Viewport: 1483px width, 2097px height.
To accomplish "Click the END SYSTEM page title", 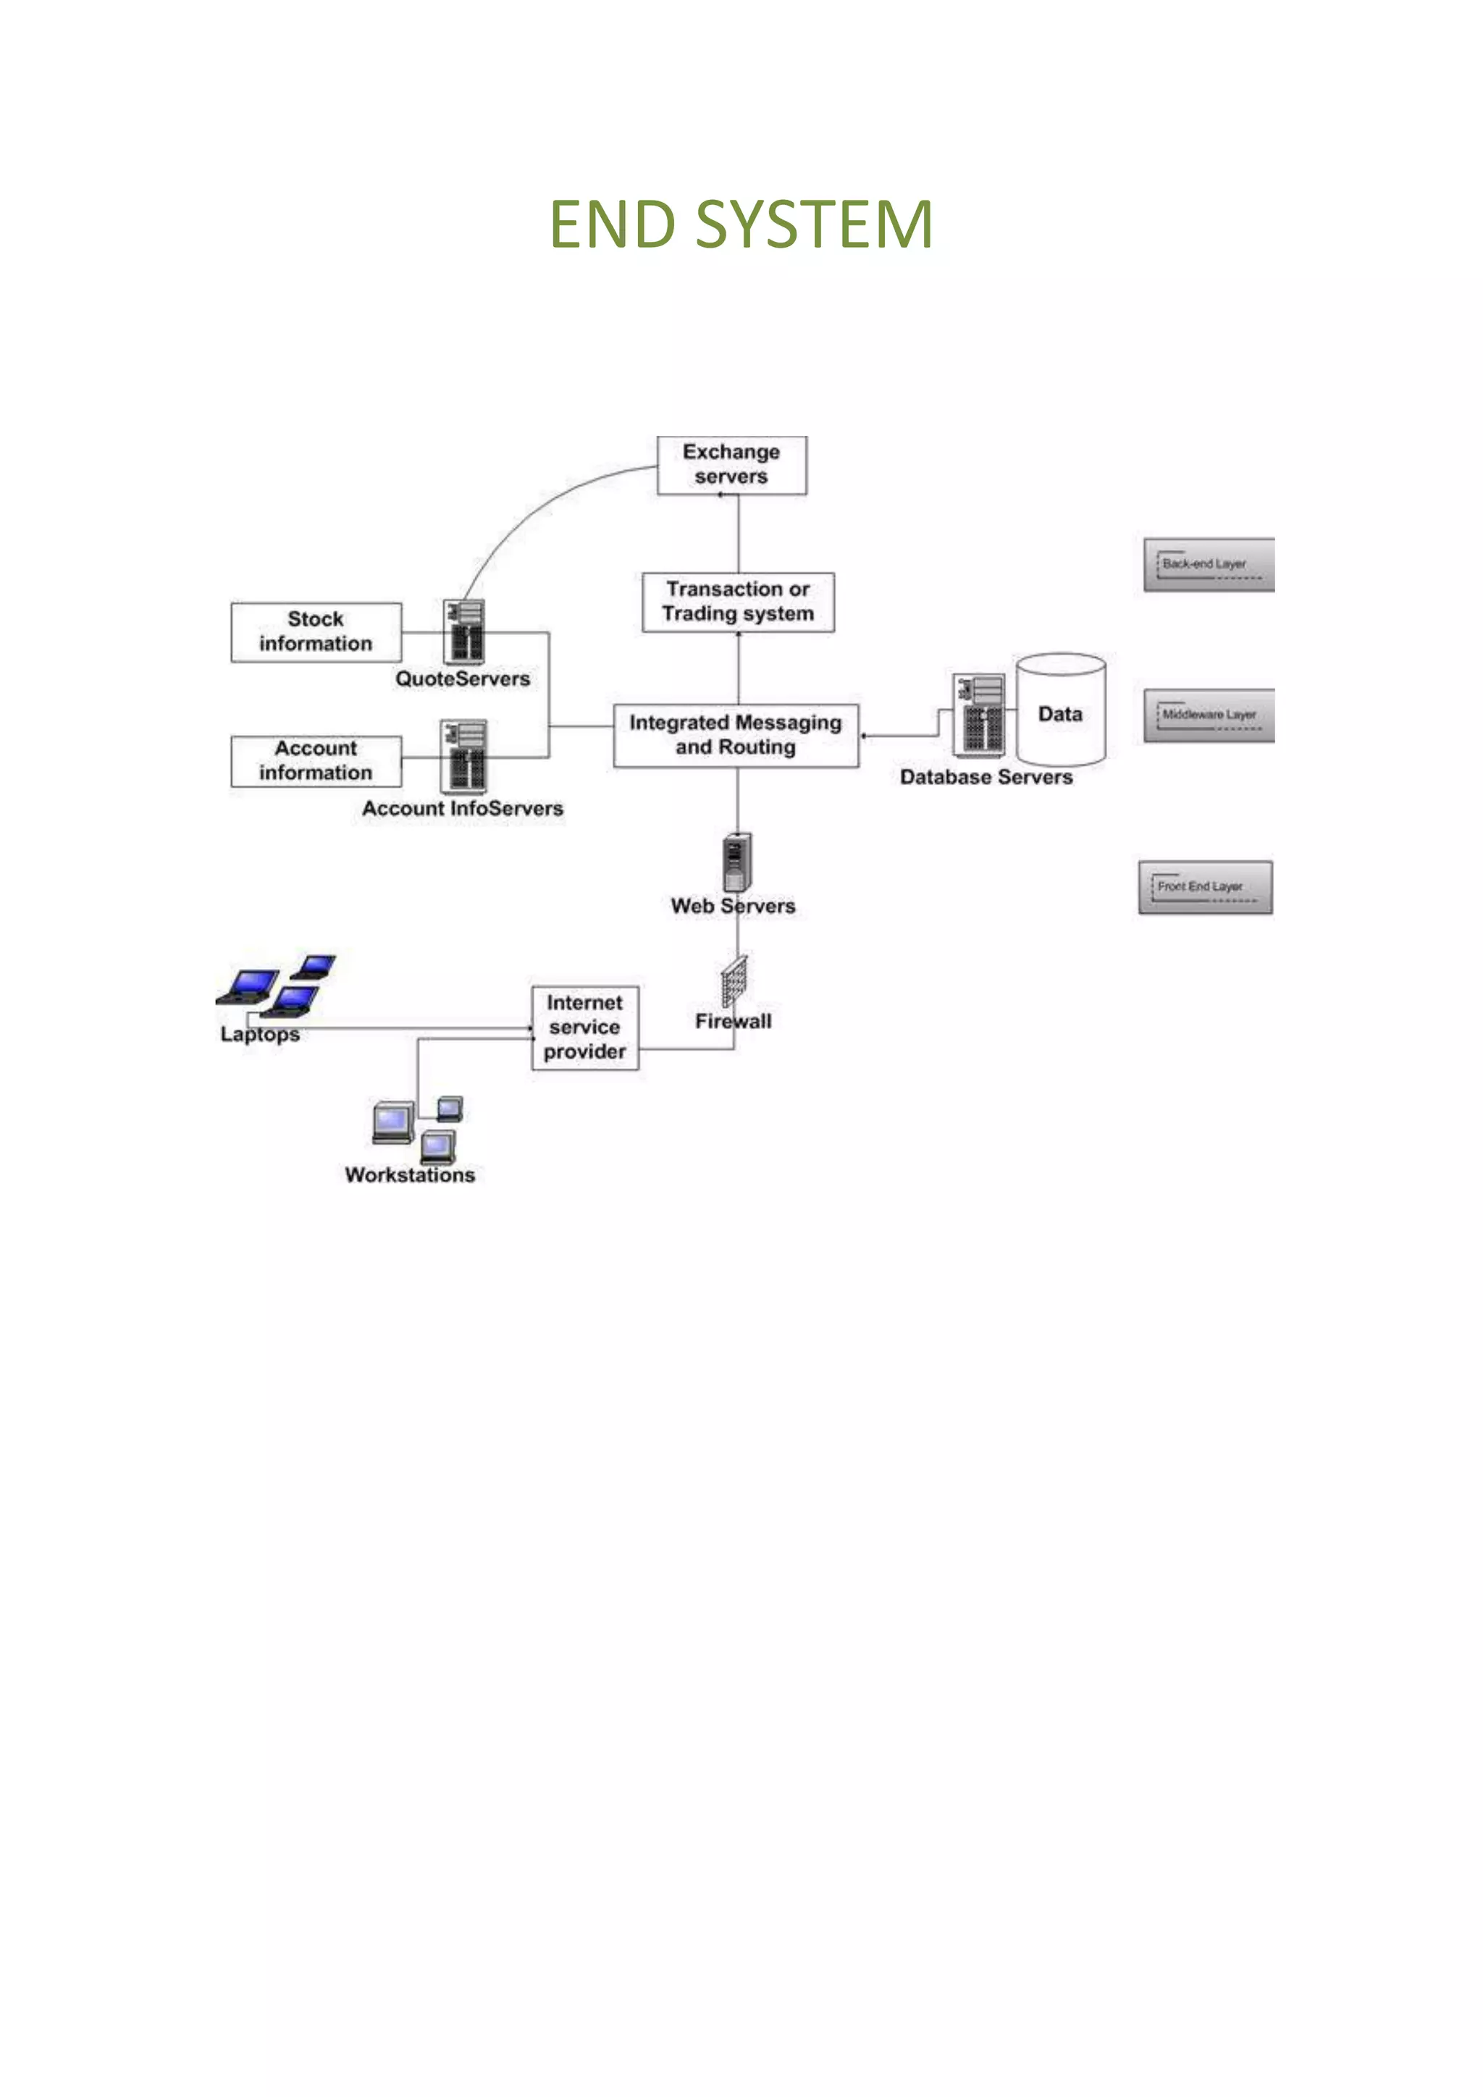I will click(x=741, y=224).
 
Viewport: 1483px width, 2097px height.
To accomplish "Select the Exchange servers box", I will click(x=731, y=466).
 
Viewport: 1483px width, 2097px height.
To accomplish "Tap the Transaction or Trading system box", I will click(x=738, y=602).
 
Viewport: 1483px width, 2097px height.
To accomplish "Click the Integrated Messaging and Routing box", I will click(x=736, y=735).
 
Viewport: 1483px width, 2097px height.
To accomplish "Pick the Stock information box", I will click(x=316, y=632).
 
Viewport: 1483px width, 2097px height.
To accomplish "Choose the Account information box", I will click(x=316, y=761).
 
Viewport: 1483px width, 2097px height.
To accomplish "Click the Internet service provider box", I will click(x=584, y=1028).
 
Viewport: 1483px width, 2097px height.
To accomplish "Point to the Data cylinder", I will click(x=1060, y=710).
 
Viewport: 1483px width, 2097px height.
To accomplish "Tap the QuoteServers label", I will click(x=462, y=679).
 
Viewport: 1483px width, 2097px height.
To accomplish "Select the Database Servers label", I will click(x=986, y=777).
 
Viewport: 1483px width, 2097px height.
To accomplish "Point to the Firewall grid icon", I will click(x=734, y=982).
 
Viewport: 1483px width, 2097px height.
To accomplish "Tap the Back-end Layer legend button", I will click(x=1208, y=564).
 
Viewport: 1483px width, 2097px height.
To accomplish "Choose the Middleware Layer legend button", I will click(x=1208, y=715).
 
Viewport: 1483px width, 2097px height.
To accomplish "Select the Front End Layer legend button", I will click(x=1204, y=887).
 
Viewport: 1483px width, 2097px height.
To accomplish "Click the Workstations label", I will click(x=410, y=1175).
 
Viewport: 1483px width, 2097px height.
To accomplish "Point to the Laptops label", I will click(x=260, y=1035).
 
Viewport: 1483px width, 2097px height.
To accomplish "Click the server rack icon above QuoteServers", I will click(x=464, y=631).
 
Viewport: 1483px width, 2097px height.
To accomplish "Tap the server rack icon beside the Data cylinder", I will click(x=979, y=715).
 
